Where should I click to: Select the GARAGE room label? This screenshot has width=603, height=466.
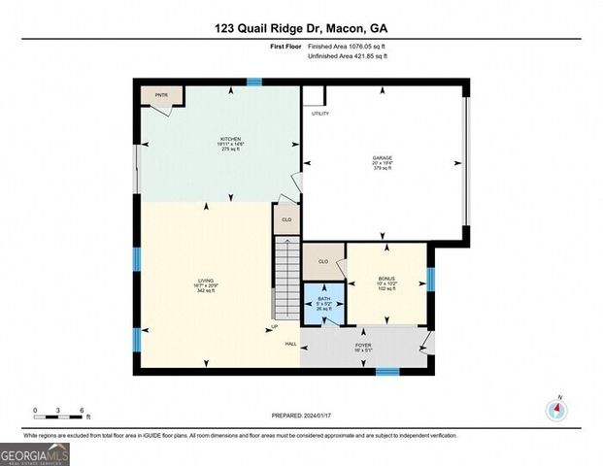382,161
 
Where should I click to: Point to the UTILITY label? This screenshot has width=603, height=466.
319,114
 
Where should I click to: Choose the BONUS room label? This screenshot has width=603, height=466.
386,283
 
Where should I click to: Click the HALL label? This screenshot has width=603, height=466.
290,344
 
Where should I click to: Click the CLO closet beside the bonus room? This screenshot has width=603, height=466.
323,260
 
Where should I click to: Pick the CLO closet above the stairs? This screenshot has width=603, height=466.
285,219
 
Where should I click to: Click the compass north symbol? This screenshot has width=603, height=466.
557,409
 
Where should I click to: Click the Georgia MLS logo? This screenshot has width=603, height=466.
34,453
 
